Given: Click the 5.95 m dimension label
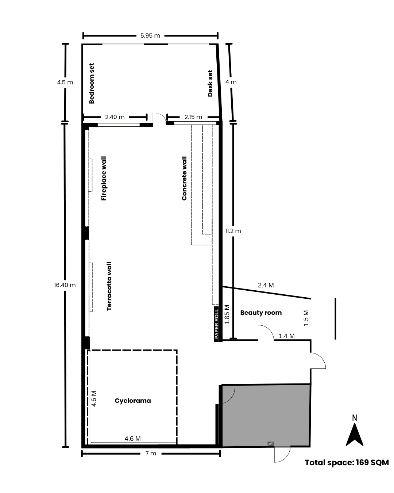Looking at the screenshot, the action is tap(150, 36).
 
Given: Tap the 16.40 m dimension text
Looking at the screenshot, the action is tap(65, 285).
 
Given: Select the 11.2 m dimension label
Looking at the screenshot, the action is tap(233, 231).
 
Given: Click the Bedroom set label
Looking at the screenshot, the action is tap(92, 83).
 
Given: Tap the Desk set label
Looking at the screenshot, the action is tap(210, 83).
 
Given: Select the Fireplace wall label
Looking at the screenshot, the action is tap(104, 179).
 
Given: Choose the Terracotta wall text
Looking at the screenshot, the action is tap(109, 286).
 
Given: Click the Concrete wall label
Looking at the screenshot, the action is tap(184, 179).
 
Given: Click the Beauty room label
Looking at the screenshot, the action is tap(261, 313).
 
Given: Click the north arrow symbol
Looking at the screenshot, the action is tap(354, 434).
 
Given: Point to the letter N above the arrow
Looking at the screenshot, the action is tap(354, 418).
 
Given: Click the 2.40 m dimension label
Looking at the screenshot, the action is tap(115, 117).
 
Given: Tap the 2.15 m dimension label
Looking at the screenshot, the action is tap(193, 117).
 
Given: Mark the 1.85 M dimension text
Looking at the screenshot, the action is tap(227, 314).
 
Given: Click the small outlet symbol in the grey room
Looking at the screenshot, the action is tap(271, 444).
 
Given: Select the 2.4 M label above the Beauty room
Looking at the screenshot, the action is tap(266, 285).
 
